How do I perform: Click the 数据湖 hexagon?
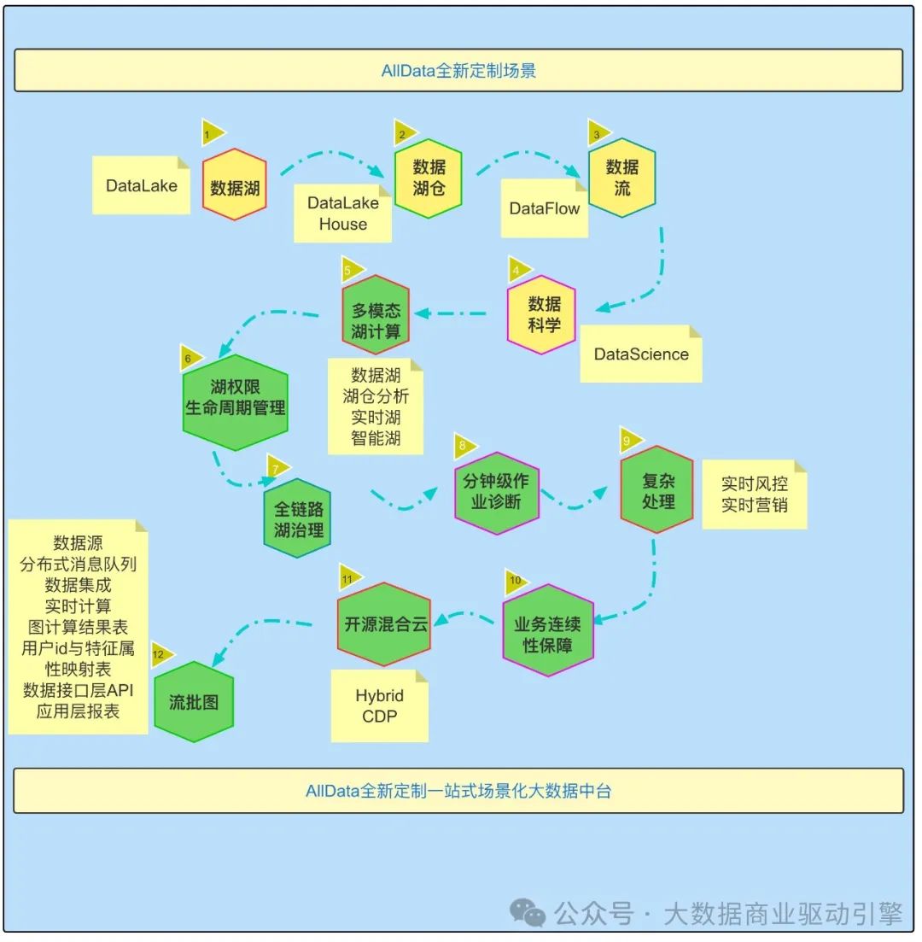tap(234, 185)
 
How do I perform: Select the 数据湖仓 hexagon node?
tap(428, 178)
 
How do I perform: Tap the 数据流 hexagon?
tap(622, 178)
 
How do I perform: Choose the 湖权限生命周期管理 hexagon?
tap(236, 397)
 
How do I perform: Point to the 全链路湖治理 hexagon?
tap(298, 518)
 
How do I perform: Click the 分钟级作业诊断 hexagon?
tap(496, 490)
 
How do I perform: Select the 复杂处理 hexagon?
tap(657, 490)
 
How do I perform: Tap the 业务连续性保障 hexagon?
tap(547, 633)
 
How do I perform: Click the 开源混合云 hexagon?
tap(384, 623)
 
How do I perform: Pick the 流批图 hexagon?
tap(194, 702)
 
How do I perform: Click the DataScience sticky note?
tap(641, 354)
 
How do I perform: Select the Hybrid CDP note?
tap(380, 706)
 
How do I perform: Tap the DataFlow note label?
tap(544, 208)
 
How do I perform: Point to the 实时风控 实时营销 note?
tap(754, 494)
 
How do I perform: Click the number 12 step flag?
tap(161, 654)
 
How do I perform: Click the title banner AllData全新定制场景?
tap(458, 71)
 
